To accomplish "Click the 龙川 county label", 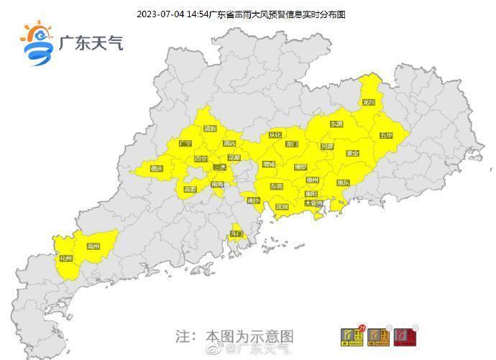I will [x=369, y=103].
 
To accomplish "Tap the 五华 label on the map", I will [x=386, y=136].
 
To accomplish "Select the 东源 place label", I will [x=336, y=124].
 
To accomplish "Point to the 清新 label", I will [x=210, y=129].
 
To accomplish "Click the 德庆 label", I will [x=157, y=169].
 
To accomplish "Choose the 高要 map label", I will [x=190, y=189].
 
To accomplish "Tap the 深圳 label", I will [x=282, y=207].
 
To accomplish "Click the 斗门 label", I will [x=236, y=234].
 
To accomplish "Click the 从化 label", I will [x=275, y=135].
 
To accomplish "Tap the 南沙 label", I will [x=253, y=201].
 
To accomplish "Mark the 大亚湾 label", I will [x=314, y=203].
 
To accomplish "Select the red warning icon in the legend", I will [x=406, y=336].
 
